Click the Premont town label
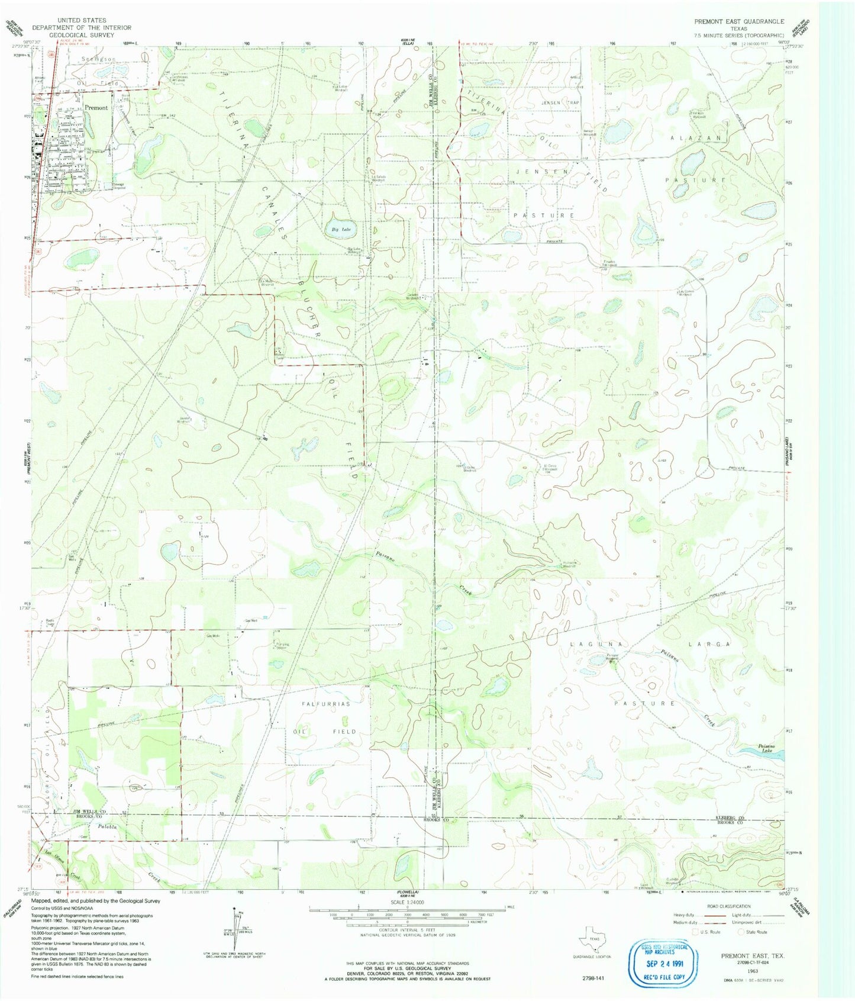point(96,108)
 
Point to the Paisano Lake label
point(770,748)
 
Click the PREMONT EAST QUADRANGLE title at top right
point(740,21)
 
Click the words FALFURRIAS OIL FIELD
point(325,717)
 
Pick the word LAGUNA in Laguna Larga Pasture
point(589,643)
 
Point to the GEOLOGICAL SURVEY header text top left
point(82,35)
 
